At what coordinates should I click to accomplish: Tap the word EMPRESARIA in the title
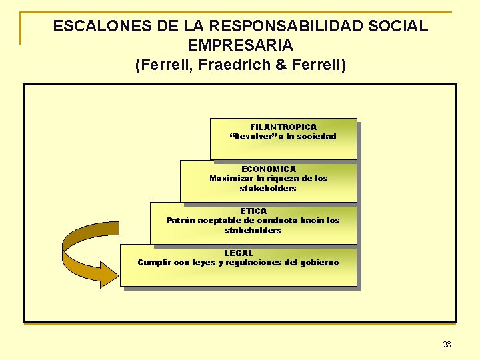click(241, 46)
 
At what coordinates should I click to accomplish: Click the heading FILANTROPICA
click(283, 127)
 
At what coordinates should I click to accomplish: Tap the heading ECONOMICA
click(269, 169)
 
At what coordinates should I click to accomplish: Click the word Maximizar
click(231, 179)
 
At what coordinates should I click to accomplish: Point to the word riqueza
click(284, 179)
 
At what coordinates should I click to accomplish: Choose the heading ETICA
click(253, 211)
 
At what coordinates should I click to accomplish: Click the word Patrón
click(181, 221)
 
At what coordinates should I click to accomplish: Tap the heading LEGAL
click(239, 253)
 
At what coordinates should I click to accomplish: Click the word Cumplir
click(154, 263)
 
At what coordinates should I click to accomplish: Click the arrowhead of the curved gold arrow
click(107, 273)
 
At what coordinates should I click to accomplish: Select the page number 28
click(447, 345)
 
